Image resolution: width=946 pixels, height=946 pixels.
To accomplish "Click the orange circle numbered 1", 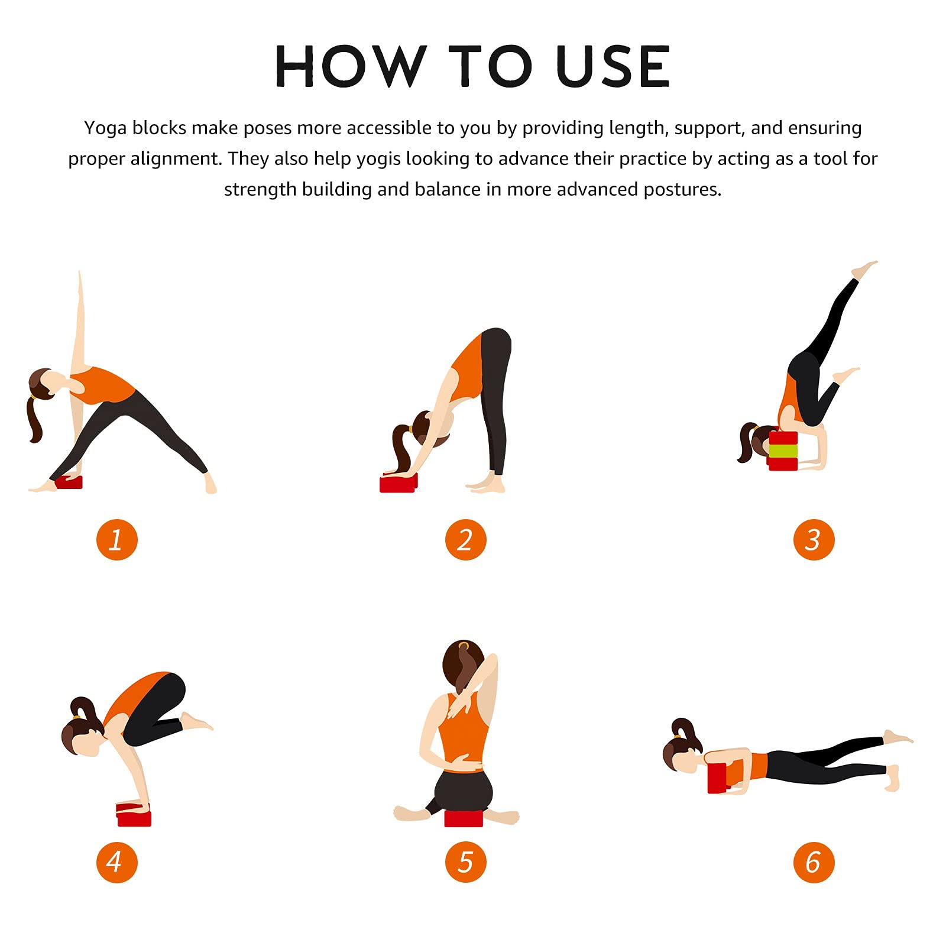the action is pos(117,540).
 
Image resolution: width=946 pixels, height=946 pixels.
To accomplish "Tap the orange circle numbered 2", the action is pos(466,540).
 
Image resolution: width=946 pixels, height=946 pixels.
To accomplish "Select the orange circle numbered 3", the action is pos(814,540).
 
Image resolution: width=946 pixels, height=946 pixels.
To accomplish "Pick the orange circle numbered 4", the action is pos(117,862).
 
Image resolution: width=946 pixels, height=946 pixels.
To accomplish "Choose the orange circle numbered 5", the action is pos(466,862).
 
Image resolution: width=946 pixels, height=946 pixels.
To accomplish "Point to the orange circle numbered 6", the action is pos(814,862).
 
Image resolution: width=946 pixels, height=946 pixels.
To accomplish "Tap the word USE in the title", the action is pos(613,67).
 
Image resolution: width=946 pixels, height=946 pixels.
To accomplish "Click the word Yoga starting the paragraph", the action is pos(105,128).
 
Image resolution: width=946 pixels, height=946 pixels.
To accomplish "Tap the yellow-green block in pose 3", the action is pos(783,451).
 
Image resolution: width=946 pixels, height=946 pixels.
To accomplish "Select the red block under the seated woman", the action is pos(464,818).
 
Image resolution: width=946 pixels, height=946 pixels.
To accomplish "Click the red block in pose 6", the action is pos(717,777).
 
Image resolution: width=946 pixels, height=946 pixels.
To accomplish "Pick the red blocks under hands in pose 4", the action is pos(134,814).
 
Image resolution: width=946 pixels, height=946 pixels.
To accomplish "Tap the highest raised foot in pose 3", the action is pos(864,269).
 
